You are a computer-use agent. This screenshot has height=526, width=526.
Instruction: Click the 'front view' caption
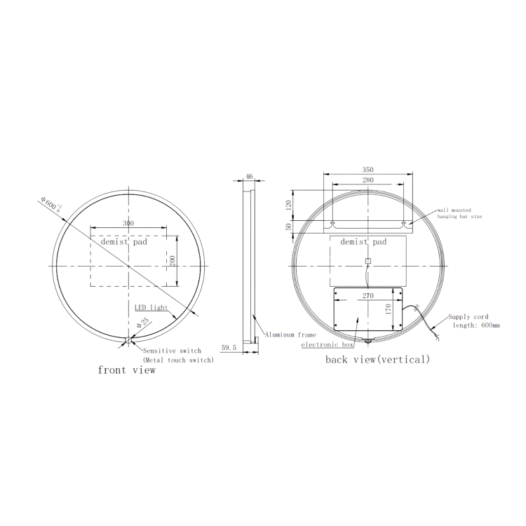[126, 370]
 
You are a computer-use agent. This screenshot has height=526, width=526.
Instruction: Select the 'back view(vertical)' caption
[377, 359]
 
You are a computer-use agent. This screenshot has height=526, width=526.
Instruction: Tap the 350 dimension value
[367, 170]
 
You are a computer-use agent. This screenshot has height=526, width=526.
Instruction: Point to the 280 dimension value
[367, 180]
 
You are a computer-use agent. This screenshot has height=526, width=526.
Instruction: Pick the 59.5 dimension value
[229, 346]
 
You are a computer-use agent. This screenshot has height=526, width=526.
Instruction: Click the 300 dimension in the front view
[128, 223]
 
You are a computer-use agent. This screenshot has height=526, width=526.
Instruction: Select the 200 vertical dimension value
[172, 260]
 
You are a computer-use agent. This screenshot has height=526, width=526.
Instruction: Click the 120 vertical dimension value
[288, 205]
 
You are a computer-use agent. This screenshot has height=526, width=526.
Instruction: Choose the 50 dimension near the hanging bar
[288, 227]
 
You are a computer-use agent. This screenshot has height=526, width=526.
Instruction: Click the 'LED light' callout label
[150, 308]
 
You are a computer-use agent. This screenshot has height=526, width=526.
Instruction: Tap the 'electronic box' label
[326, 345]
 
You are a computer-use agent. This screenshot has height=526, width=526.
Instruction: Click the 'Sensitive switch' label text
[172, 350]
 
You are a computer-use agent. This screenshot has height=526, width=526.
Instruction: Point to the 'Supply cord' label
[468, 317]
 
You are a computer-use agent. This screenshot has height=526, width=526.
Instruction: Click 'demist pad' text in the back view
[363, 242]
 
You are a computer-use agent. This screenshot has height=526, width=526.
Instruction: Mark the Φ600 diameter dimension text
[51, 203]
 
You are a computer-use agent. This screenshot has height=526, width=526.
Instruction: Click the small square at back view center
[367, 262]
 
